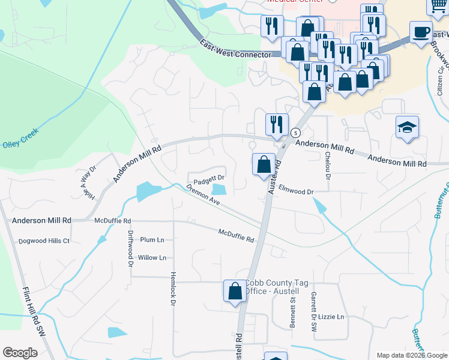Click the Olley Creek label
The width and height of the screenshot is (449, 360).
point(20,137)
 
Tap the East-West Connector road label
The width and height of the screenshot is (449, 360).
point(236,50)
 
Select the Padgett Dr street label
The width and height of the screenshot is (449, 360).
point(208,178)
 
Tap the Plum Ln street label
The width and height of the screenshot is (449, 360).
point(152,239)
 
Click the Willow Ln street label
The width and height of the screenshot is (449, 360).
point(152,257)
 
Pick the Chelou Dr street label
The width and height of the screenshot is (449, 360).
point(328,165)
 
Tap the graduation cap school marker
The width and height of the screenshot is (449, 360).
point(407,127)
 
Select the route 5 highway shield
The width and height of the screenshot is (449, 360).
point(295,133)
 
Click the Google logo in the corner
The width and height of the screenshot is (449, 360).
point(20,353)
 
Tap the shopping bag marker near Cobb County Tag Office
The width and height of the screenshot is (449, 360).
point(235,291)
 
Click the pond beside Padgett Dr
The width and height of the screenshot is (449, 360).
point(220,190)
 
